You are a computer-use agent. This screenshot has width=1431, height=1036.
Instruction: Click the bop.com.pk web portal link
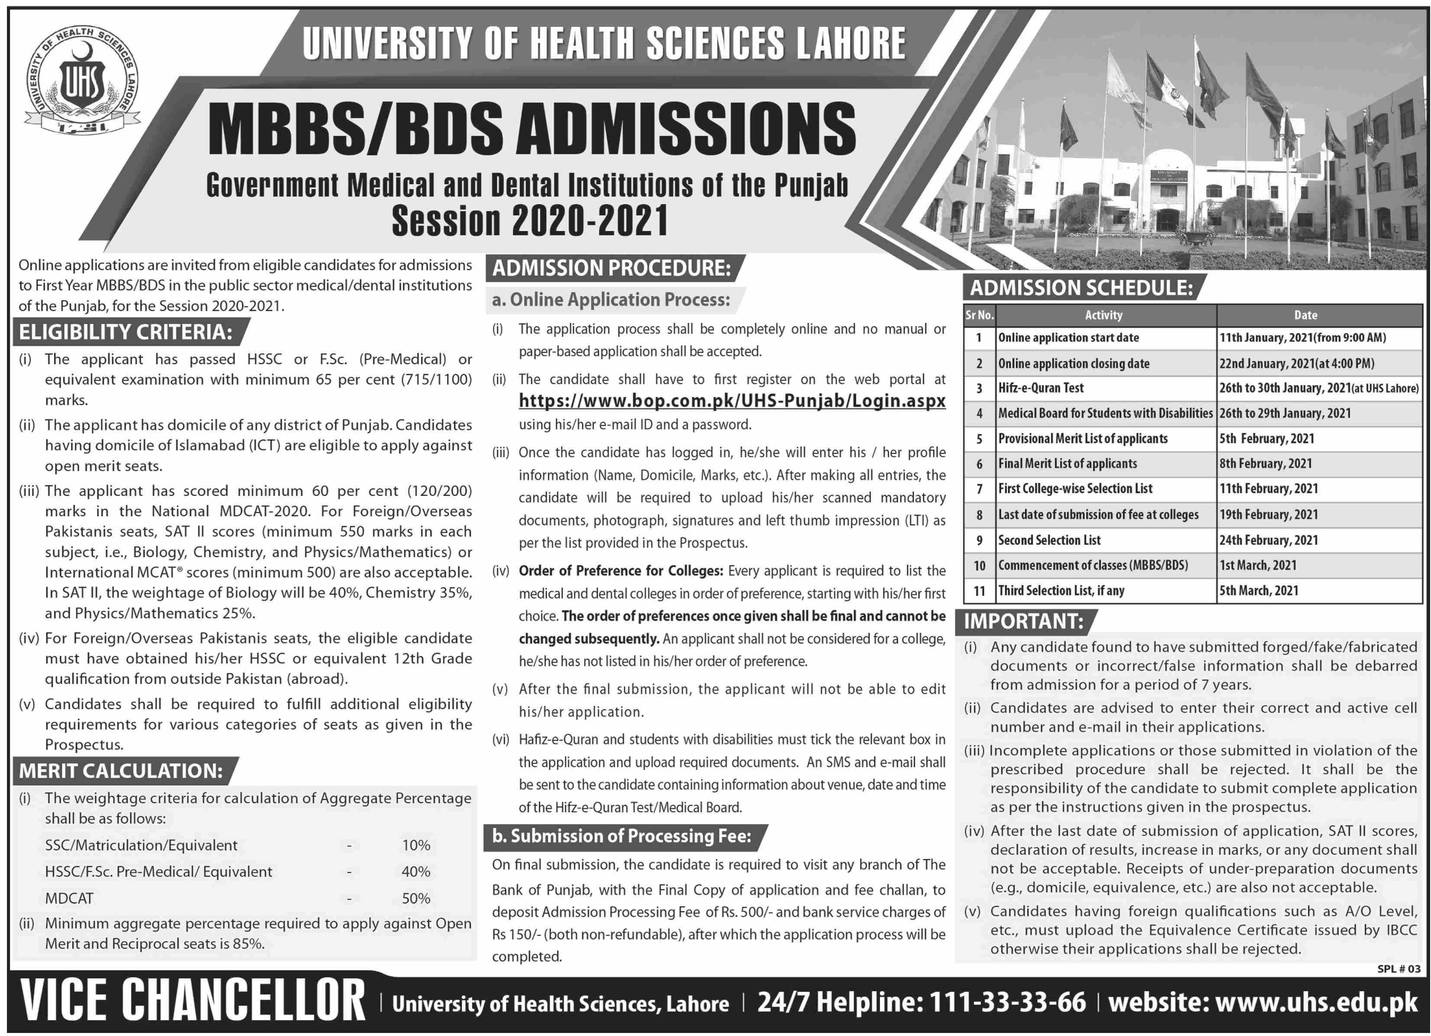[x=732, y=401]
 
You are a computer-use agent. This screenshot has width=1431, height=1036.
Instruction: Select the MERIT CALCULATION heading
[x=120, y=771]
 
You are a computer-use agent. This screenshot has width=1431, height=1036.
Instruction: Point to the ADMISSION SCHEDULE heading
[x=1081, y=288]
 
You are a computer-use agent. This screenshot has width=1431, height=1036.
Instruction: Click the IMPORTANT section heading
[x=1023, y=621]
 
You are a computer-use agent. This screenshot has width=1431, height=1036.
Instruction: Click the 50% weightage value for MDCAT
[x=416, y=898]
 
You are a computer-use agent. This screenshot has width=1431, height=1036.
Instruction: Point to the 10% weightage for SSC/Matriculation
[x=416, y=845]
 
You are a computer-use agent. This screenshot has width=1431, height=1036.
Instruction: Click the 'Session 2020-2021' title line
[x=530, y=221]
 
